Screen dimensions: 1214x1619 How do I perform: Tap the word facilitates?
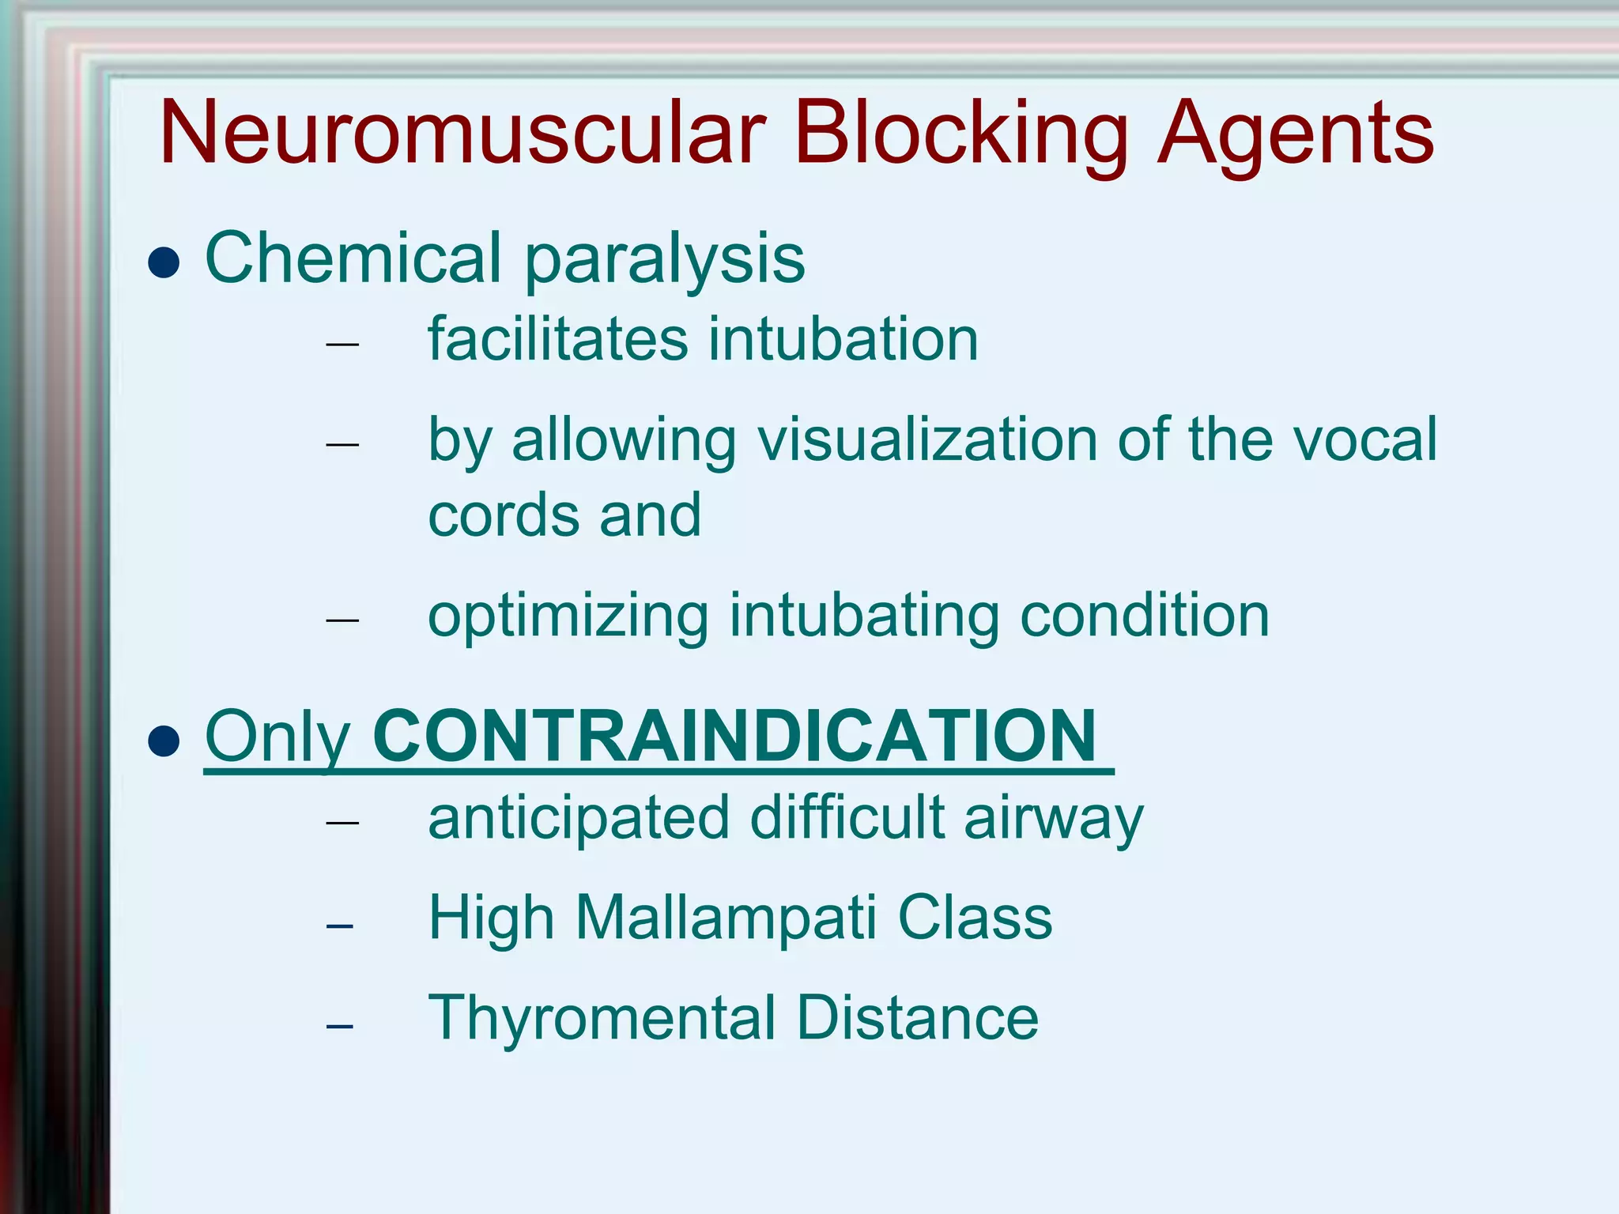(557, 339)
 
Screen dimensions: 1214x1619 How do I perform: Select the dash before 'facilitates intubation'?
(342, 345)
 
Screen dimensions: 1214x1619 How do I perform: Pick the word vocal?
(1364, 439)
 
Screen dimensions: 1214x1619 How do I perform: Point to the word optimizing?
(568, 616)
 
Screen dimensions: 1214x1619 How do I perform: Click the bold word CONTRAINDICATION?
(734, 736)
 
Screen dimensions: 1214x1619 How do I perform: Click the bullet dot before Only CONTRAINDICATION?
(164, 741)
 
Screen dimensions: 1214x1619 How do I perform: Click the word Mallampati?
(726, 918)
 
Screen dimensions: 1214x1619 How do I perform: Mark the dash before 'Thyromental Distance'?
(339, 1027)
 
